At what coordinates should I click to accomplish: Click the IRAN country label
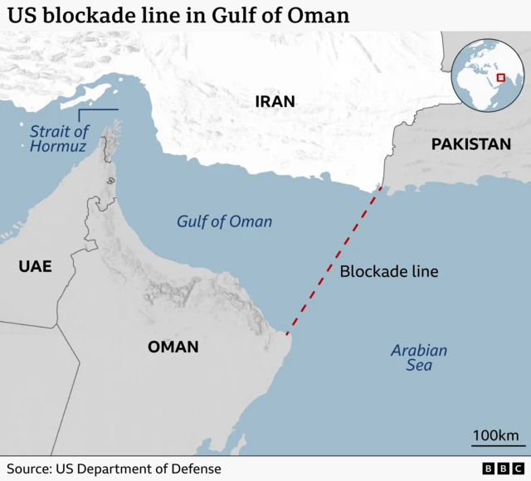click(x=275, y=102)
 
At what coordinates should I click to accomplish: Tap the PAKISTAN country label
click(x=470, y=144)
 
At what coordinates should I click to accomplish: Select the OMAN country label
click(x=173, y=347)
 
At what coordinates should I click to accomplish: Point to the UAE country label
click(x=35, y=266)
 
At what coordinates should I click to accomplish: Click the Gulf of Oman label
click(x=224, y=221)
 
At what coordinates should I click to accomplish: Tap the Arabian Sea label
click(x=419, y=357)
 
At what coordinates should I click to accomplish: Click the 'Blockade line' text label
click(x=389, y=271)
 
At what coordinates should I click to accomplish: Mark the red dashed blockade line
click(x=334, y=260)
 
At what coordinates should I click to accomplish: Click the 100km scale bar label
click(x=495, y=435)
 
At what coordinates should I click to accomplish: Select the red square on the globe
click(x=499, y=78)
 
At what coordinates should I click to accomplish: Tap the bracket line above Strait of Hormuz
click(x=98, y=110)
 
